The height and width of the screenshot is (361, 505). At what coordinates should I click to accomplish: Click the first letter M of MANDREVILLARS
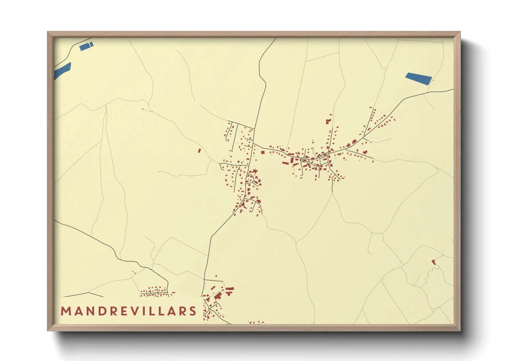pos(66,311)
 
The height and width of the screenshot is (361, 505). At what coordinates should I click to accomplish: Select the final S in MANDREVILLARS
pos(193,311)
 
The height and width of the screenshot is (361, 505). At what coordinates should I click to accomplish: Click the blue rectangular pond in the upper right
pos(418,79)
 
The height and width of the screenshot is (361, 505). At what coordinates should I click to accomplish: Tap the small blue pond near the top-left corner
pos(86,46)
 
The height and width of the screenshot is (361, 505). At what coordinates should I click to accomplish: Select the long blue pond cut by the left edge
pos(62,71)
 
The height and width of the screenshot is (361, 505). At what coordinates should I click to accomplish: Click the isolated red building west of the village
pos(200,150)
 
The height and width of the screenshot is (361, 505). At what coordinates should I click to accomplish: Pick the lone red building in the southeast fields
pos(433,262)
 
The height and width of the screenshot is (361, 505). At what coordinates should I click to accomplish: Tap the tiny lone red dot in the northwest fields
pos(143,109)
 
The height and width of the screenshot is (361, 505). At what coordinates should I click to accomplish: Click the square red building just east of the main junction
pos(263,153)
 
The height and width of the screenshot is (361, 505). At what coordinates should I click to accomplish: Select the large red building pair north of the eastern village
pos(328,121)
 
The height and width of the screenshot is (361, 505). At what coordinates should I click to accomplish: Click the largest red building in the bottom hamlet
pos(217,296)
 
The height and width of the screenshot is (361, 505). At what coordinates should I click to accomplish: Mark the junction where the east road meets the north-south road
pos(253,144)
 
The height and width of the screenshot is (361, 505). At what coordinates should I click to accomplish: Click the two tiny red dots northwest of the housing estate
pos(134,272)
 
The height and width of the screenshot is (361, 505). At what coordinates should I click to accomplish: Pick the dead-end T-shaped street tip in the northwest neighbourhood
pos(232,122)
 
